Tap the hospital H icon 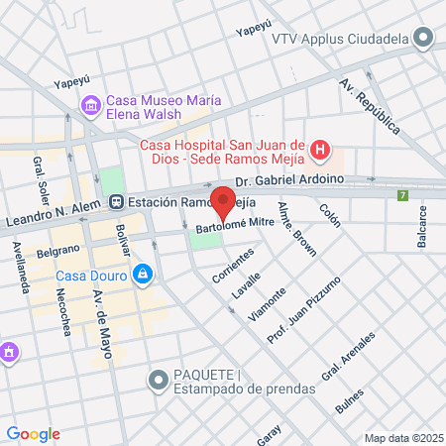coord(319,150)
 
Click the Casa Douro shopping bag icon coord(143,273)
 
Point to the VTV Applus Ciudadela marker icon coord(423,38)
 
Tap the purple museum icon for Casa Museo coord(90,104)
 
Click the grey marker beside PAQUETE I coord(157,380)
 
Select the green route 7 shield coord(402,195)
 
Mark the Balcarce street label coord(422,219)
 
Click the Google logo coord(33,433)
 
